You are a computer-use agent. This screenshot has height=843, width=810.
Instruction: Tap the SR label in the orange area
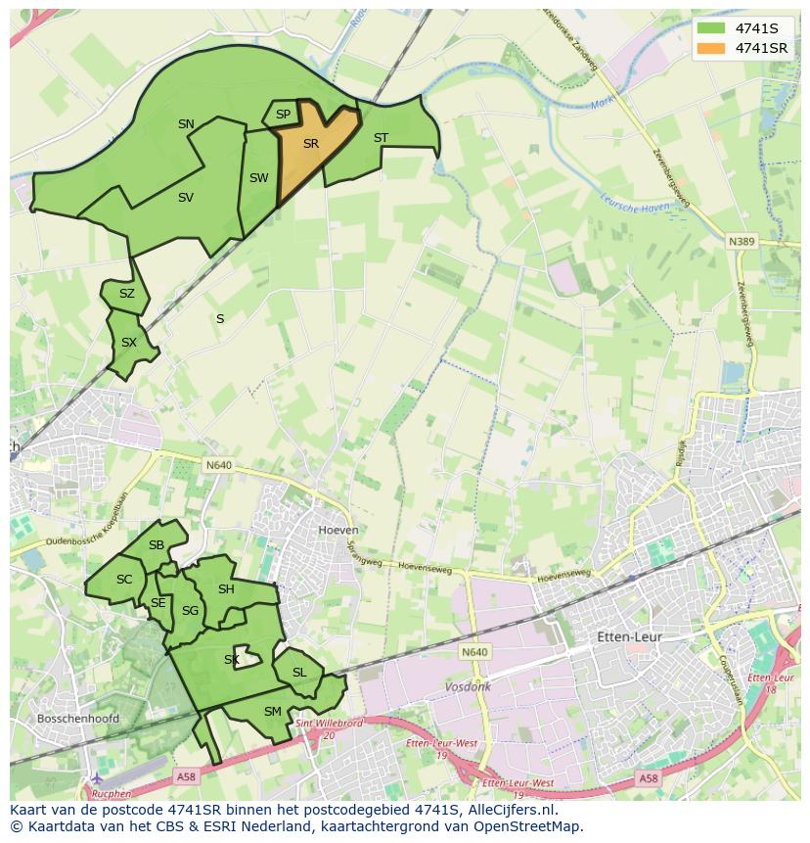[311, 144]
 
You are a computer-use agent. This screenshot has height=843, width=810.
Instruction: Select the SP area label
[283, 115]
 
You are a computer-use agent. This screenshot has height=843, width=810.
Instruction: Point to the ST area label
[381, 138]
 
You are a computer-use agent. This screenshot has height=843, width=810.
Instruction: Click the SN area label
[186, 124]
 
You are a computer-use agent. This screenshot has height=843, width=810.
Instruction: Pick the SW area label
[258, 178]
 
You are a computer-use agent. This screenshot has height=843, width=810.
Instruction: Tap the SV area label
[186, 198]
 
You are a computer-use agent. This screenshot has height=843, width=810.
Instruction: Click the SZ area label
[127, 294]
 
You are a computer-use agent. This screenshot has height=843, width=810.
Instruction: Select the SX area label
[129, 343]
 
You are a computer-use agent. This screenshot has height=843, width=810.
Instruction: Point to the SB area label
[157, 545]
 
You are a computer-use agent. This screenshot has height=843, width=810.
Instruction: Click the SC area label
[124, 580]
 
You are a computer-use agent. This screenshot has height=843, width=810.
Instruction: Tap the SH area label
[226, 589]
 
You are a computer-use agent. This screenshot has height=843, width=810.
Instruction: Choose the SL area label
[299, 673]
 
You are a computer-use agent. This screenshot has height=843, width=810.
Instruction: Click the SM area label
[273, 712]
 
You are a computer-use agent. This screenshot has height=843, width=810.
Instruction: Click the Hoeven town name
[338, 530]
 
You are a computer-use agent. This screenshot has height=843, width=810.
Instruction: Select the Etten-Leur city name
[629, 637]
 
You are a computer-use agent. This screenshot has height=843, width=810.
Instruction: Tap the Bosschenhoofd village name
[77, 719]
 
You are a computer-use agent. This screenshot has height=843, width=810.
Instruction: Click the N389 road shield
[742, 241]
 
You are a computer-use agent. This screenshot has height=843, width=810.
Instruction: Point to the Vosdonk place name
[468, 687]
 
